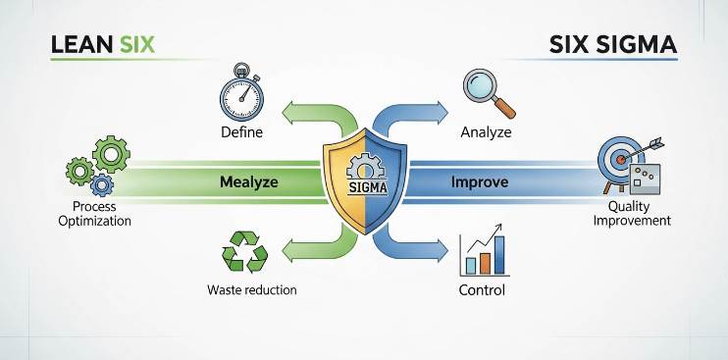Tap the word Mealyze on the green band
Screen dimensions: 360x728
[x=248, y=181]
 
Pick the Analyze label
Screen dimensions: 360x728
[x=486, y=130]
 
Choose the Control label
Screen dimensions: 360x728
[x=482, y=290]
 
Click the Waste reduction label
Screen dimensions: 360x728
[x=251, y=290]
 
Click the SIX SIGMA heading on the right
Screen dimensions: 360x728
[x=614, y=45]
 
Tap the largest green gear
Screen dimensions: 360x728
[x=111, y=152]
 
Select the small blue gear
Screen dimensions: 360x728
[x=100, y=183]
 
